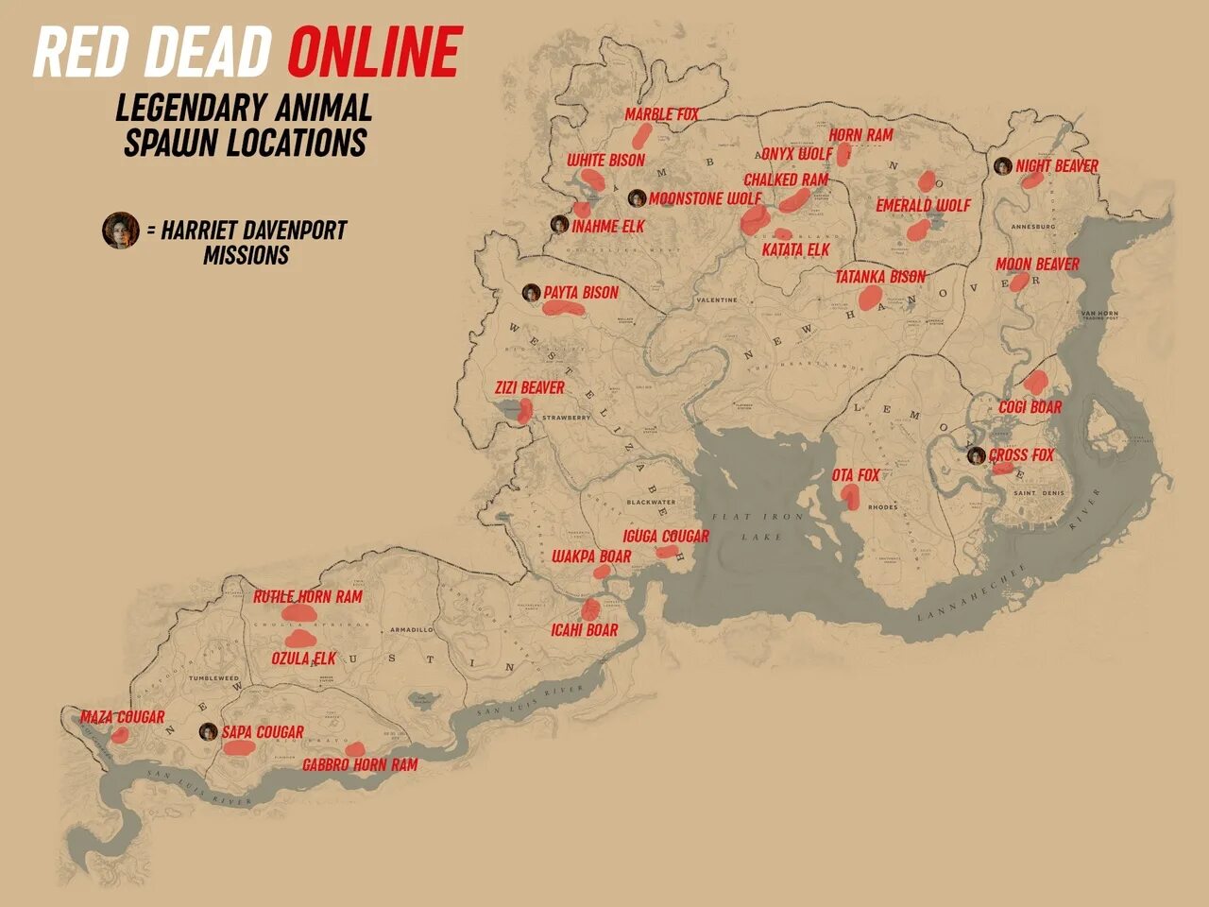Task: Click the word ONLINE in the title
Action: [374, 52]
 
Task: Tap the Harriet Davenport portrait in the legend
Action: [120, 231]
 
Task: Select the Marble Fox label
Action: [661, 114]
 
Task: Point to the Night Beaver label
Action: [1056, 166]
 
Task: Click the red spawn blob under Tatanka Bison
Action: [870, 298]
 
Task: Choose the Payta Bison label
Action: [580, 293]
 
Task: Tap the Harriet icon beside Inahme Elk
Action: [559, 225]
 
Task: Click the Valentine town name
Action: [716, 300]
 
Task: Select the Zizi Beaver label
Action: [529, 388]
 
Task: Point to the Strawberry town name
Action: [566, 418]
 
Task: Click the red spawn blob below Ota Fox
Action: [850, 496]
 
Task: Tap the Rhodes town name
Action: [883, 507]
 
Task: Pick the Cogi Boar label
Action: [1030, 407]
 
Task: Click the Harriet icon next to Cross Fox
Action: [976, 455]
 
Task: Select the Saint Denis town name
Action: [1037, 493]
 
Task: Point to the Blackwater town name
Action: [650, 503]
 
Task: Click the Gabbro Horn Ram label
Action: [359, 765]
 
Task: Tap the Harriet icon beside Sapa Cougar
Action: [208, 732]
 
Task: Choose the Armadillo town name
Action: [411, 629]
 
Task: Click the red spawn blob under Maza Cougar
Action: [119, 735]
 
